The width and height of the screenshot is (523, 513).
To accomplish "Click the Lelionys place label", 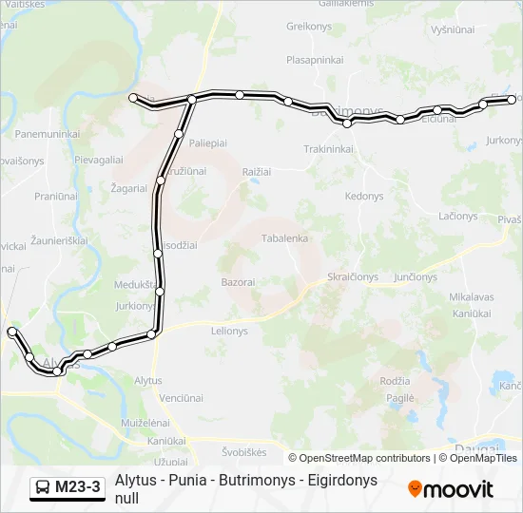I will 228,332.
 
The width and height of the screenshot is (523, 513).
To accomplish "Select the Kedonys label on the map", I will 364,196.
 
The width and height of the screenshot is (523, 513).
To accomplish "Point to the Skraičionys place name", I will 353,276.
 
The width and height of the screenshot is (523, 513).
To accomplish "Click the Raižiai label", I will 257,171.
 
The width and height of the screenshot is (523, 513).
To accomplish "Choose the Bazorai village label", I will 238,282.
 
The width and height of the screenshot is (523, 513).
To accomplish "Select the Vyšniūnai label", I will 452,29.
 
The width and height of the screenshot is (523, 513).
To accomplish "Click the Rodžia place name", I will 395,380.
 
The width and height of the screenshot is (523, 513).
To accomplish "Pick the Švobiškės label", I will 243,452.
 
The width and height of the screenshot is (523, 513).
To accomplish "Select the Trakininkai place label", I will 329,149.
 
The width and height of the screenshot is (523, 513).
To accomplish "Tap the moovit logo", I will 451,489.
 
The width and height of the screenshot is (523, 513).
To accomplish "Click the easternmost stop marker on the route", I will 512,99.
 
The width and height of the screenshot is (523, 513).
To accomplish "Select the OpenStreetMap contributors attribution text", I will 364,458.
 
